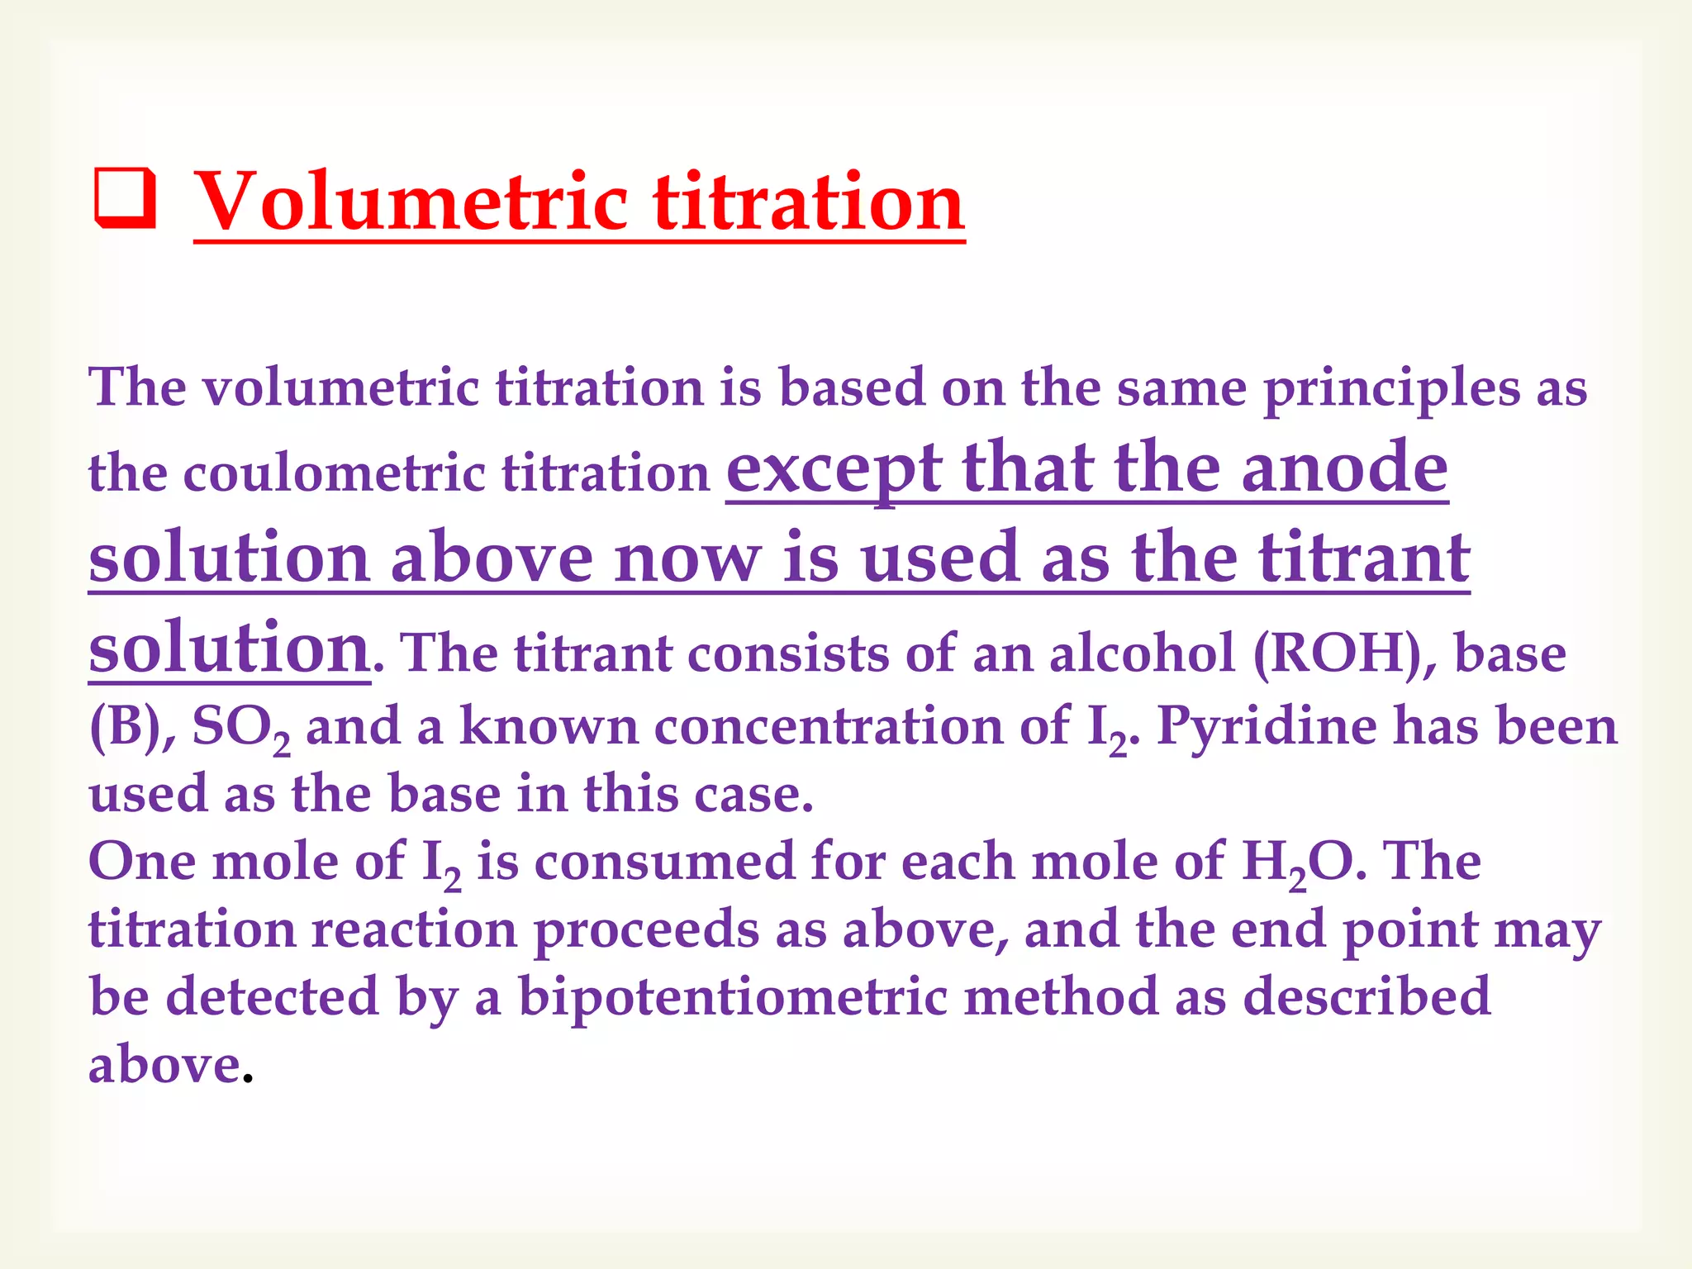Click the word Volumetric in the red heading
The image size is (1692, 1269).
(411, 202)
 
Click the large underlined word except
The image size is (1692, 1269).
(834, 469)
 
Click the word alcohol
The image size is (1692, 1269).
(1143, 654)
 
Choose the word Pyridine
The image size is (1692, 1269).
(1267, 726)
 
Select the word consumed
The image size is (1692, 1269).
(664, 862)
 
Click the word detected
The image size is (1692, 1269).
(273, 997)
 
